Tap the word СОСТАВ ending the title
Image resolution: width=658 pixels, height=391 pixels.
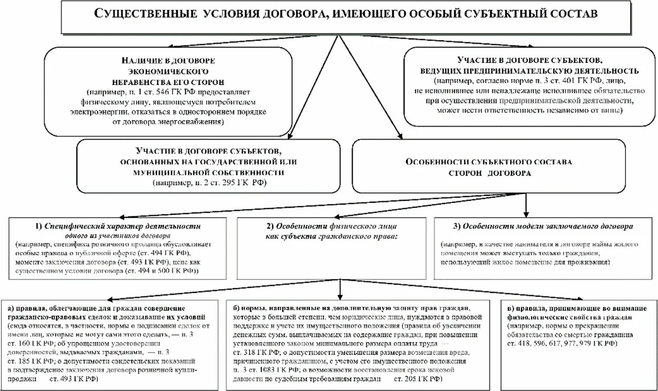572,14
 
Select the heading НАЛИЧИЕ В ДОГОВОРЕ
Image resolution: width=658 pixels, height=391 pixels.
168,61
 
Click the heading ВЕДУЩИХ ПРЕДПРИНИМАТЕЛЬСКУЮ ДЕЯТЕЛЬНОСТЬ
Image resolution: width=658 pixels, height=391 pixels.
530,71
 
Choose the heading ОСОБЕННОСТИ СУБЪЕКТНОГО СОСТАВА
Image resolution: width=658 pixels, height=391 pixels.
489,162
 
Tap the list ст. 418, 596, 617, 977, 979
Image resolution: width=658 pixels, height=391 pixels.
556,344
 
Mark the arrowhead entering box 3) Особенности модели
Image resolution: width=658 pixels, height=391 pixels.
525,214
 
